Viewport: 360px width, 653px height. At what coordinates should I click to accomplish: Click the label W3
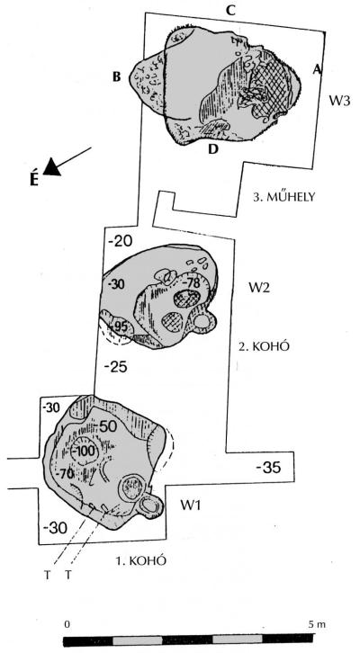(339, 102)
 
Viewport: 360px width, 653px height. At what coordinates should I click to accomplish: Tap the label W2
(259, 288)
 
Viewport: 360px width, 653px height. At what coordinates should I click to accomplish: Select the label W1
(191, 505)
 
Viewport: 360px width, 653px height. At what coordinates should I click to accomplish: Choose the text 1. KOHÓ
(141, 560)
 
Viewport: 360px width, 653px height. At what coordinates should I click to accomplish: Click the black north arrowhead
(51, 167)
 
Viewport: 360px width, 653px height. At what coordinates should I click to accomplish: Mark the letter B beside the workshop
(116, 77)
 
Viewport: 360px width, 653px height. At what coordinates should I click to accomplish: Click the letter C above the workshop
(230, 11)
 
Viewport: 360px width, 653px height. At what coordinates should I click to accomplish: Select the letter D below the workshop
(213, 148)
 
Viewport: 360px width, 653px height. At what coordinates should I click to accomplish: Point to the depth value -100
(85, 451)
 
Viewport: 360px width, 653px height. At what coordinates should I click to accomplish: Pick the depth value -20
(120, 241)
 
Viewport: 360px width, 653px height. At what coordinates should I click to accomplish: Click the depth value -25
(115, 367)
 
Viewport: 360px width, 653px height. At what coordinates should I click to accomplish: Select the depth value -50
(108, 425)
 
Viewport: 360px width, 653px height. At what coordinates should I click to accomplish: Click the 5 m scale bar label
(316, 624)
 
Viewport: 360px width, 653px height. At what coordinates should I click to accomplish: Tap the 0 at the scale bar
(67, 624)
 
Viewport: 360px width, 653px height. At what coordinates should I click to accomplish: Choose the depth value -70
(67, 473)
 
